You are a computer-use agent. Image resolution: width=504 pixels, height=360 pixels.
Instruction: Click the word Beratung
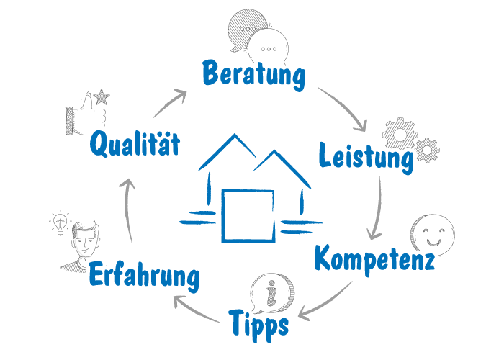point(253,75)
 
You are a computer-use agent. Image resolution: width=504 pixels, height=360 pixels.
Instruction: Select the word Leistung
point(366,158)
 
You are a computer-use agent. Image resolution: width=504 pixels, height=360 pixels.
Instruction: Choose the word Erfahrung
point(144,276)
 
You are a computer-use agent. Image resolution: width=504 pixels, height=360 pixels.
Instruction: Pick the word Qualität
point(135,144)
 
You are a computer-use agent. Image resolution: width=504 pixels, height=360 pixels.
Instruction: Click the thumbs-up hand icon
point(86,114)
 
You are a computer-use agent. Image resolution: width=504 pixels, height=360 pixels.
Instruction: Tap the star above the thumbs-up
point(102,96)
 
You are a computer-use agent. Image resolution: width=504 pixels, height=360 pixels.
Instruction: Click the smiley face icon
point(432,234)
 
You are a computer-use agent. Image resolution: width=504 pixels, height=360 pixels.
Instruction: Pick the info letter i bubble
point(272,293)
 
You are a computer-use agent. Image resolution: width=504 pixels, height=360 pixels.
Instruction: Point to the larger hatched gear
point(400,133)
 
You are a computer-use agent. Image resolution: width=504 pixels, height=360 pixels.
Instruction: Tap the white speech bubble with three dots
point(268,48)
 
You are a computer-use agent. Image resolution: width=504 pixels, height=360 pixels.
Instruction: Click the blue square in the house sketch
point(248,215)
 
